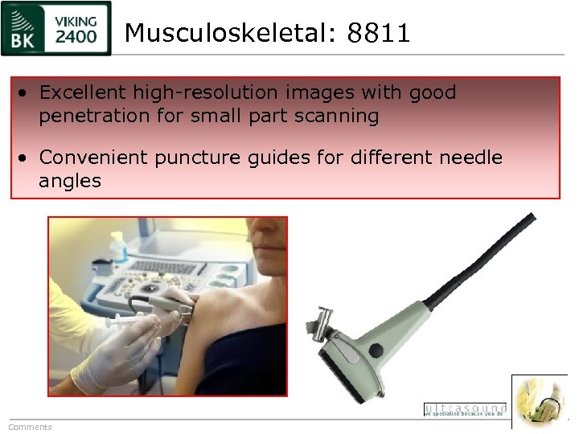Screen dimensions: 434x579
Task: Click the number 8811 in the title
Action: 379,33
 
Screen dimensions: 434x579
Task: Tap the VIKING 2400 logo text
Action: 77,29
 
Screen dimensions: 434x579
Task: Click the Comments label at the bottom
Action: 30,427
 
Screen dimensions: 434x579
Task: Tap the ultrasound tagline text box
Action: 465,410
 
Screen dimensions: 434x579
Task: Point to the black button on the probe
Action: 376,350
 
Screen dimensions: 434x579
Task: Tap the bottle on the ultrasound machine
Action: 117,246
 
